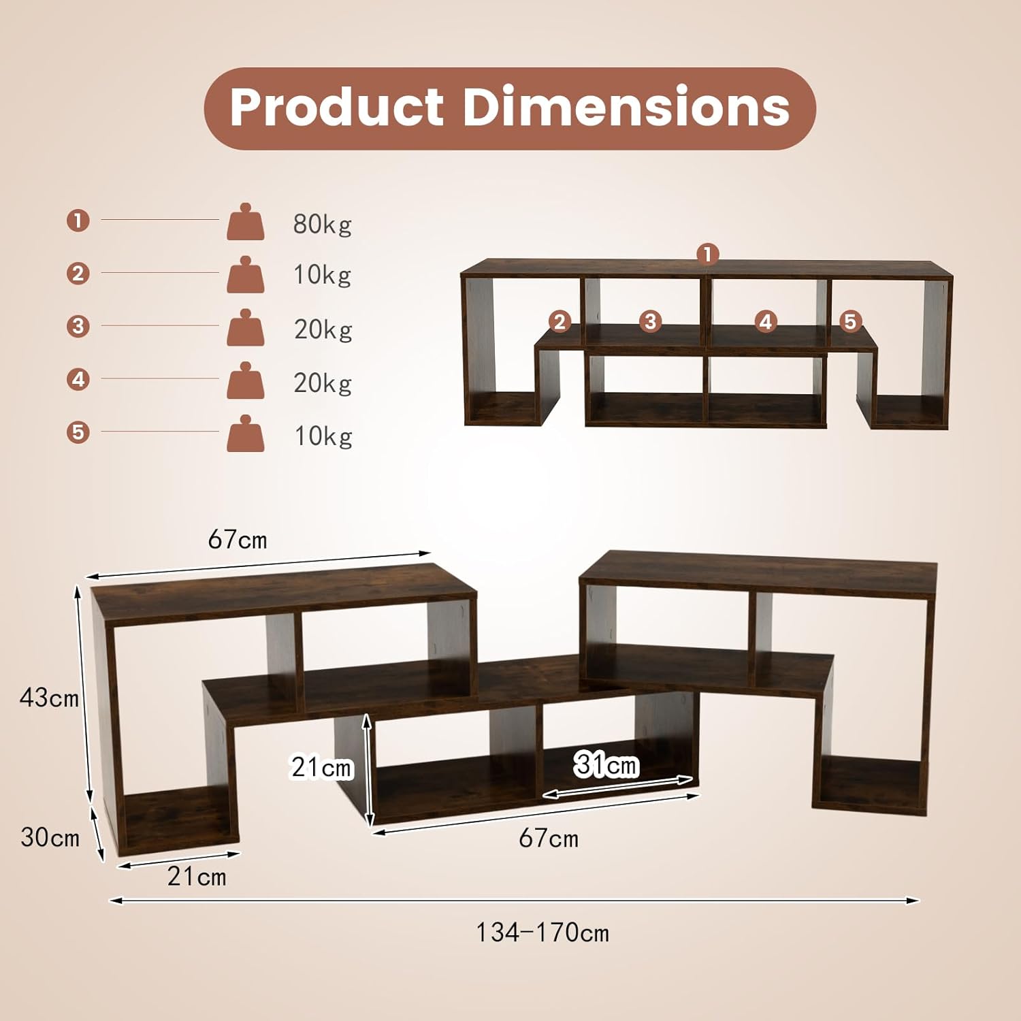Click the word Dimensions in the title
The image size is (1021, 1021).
[x=626, y=107]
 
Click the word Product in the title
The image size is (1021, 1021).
[x=337, y=107]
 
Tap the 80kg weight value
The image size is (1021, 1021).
[x=322, y=224]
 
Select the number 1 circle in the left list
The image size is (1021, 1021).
[x=78, y=221]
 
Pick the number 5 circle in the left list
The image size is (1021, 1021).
[x=78, y=432]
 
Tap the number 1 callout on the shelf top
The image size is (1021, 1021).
[x=708, y=255]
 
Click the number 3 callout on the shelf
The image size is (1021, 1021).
[x=650, y=321]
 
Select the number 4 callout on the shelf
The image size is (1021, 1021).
[x=766, y=321]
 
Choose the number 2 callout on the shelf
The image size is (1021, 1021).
[x=560, y=321]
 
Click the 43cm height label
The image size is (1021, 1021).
[x=49, y=698]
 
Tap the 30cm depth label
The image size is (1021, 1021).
[x=50, y=837]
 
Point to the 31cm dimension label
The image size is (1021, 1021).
[x=606, y=765]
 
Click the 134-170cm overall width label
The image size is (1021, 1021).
[x=542, y=933]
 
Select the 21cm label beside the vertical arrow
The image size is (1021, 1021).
[x=321, y=768]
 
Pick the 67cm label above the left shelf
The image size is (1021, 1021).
[x=238, y=540]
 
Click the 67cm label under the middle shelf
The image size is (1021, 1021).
[x=549, y=839]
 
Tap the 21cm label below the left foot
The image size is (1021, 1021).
[x=197, y=877]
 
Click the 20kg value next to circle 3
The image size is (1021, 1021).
[x=323, y=329]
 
